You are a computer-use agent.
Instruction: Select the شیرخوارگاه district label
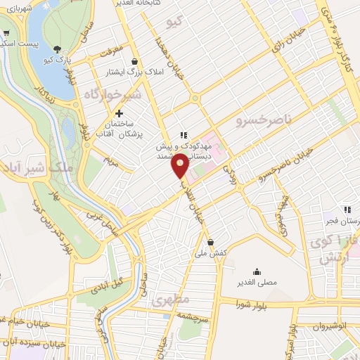click(112, 94)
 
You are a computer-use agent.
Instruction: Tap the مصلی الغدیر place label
click(256, 283)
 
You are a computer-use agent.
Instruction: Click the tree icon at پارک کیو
click(57, 49)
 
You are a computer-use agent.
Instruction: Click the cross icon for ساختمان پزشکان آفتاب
click(119, 112)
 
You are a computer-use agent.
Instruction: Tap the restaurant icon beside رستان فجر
click(347, 209)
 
